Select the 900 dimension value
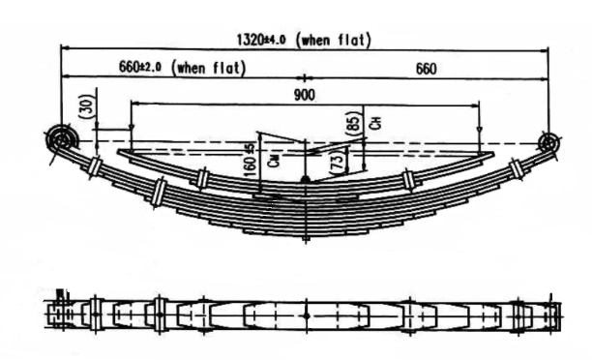pyautogui.click(x=305, y=95)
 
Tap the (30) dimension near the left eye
pyautogui.click(x=86, y=107)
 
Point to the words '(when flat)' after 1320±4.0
pyautogui.click(x=337, y=40)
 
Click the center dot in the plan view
pyautogui.click(x=306, y=315)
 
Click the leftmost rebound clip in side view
pyautogui.click(x=95, y=165)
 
